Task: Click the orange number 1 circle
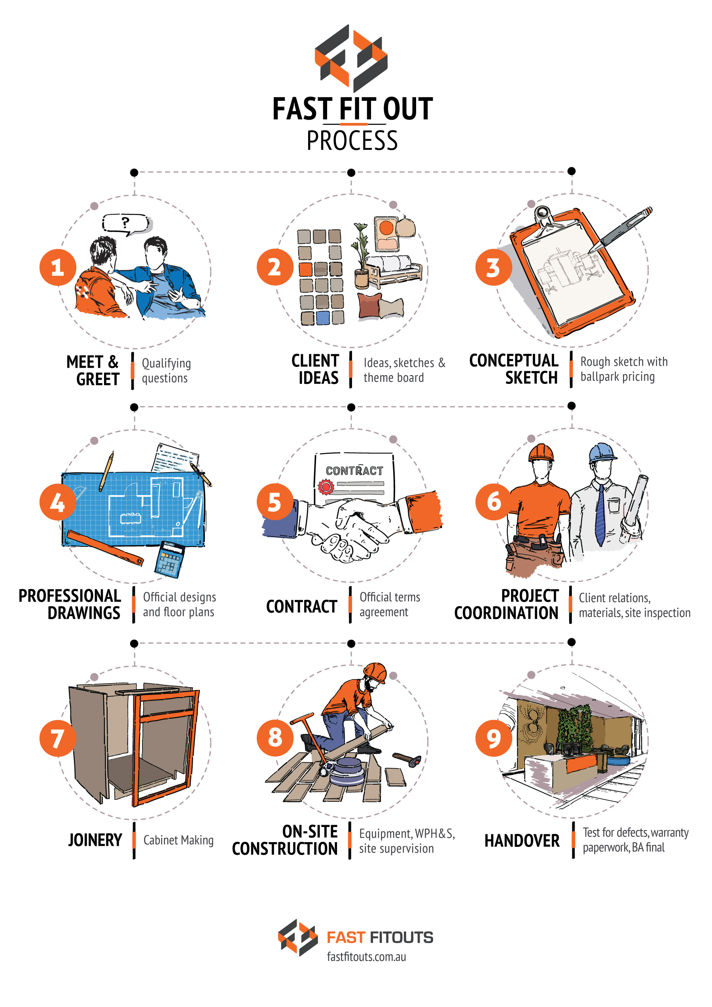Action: click(57, 267)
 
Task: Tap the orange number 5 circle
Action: click(275, 502)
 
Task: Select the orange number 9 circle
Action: click(494, 738)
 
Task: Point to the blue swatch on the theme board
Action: click(323, 317)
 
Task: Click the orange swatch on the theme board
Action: click(305, 269)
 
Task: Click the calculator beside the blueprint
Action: click(169, 559)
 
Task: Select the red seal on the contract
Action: click(326, 486)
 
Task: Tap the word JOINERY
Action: click(95, 840)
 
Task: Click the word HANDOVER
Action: click(522, 841)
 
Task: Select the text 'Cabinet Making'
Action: click(178, 840)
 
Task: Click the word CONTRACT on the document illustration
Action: click(354, 470)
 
